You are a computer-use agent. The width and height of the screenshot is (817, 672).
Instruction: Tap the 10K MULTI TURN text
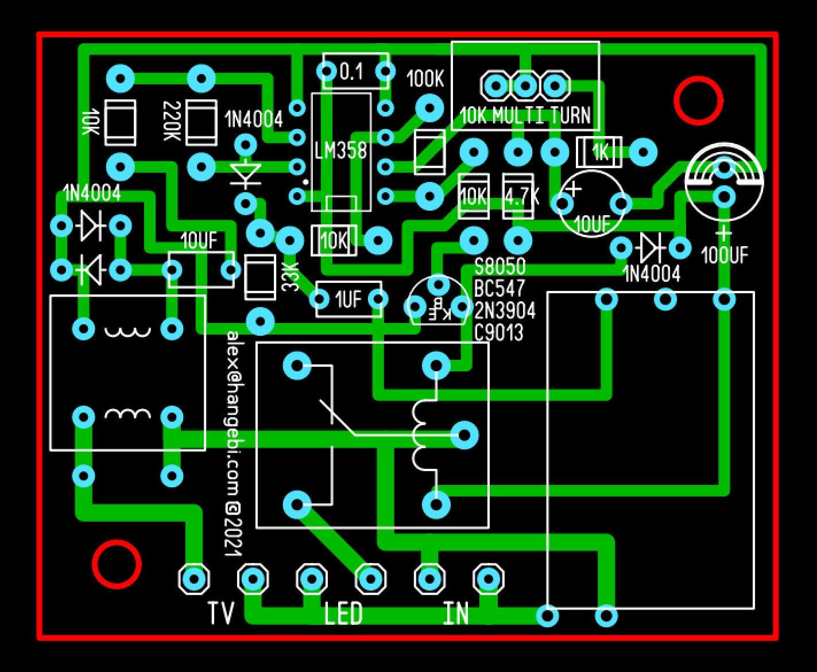[x=525, y=116]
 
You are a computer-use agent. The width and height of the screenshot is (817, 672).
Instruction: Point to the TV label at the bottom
[x=221, y=614]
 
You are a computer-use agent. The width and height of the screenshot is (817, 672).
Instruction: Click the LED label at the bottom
[x=343, y=614]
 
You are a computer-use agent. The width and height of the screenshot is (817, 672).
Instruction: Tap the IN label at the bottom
[x=456, y=614]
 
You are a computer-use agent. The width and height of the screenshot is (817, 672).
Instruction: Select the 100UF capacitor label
[x=725, y=254]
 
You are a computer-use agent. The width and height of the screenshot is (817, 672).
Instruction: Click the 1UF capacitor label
[x=348, y=299]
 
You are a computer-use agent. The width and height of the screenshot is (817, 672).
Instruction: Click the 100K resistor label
[x=425, y=80]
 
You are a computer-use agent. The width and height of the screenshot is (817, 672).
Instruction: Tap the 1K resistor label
[x=601, y=152]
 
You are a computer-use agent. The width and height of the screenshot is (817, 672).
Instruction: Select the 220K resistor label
[x=171, y=122]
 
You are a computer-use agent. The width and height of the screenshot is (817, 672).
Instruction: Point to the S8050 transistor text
[x=500, y=266]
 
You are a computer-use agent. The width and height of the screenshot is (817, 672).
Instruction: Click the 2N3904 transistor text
[x=505, y=311]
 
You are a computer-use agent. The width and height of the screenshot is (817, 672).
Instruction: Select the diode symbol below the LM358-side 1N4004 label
[x=246, y=173]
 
